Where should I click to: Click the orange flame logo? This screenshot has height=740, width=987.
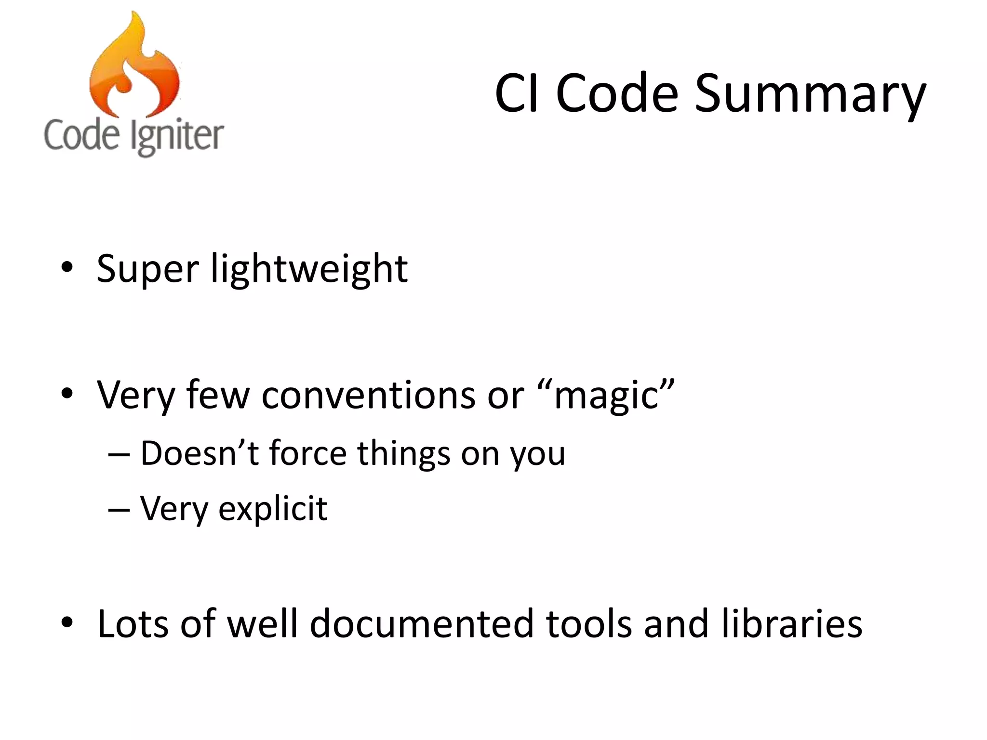coord(134,67)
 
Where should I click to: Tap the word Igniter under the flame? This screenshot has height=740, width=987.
coord(177,136)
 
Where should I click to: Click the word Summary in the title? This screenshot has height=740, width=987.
coord(810,94)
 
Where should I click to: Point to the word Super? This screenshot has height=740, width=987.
coord(147,269)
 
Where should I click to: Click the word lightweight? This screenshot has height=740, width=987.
coord(309,269)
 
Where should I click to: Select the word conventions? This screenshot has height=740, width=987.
coord(368,396)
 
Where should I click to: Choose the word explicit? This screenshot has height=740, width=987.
coord(273,509)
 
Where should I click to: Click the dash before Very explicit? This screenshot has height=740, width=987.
coord(119,509)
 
